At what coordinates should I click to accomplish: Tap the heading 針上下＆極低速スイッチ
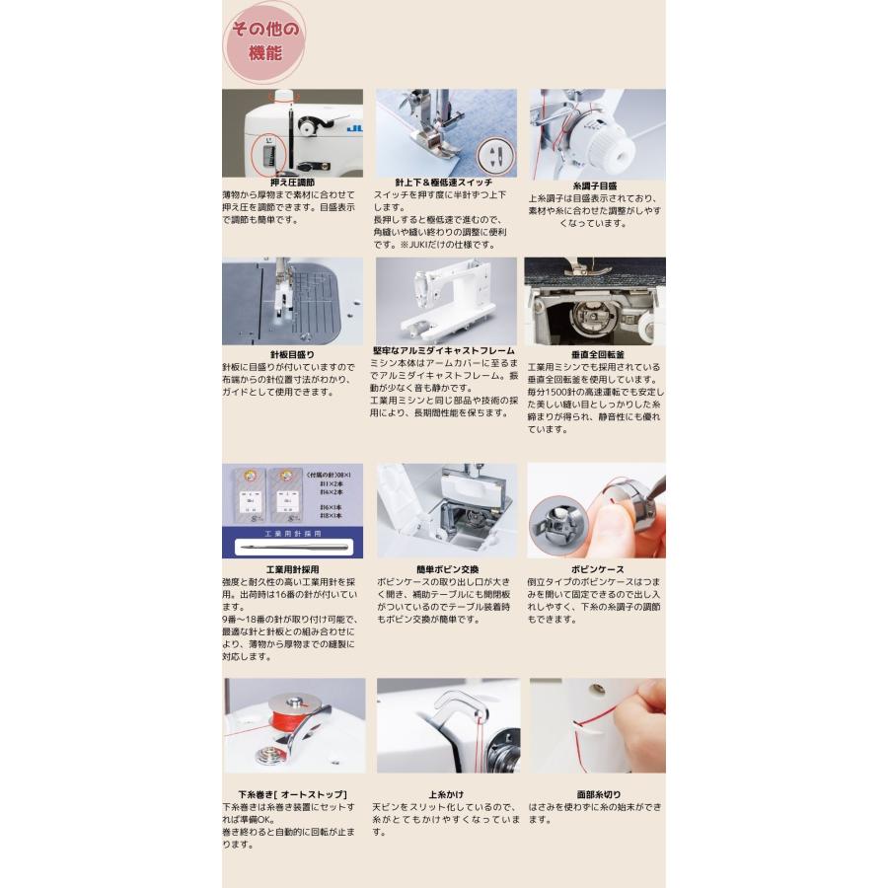pyautogui.click(x=443, y=184)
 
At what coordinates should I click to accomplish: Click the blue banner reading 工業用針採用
pyautogui.click(x=292, y=533)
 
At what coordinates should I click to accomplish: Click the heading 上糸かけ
pyautogui.click(x=446, y=794)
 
